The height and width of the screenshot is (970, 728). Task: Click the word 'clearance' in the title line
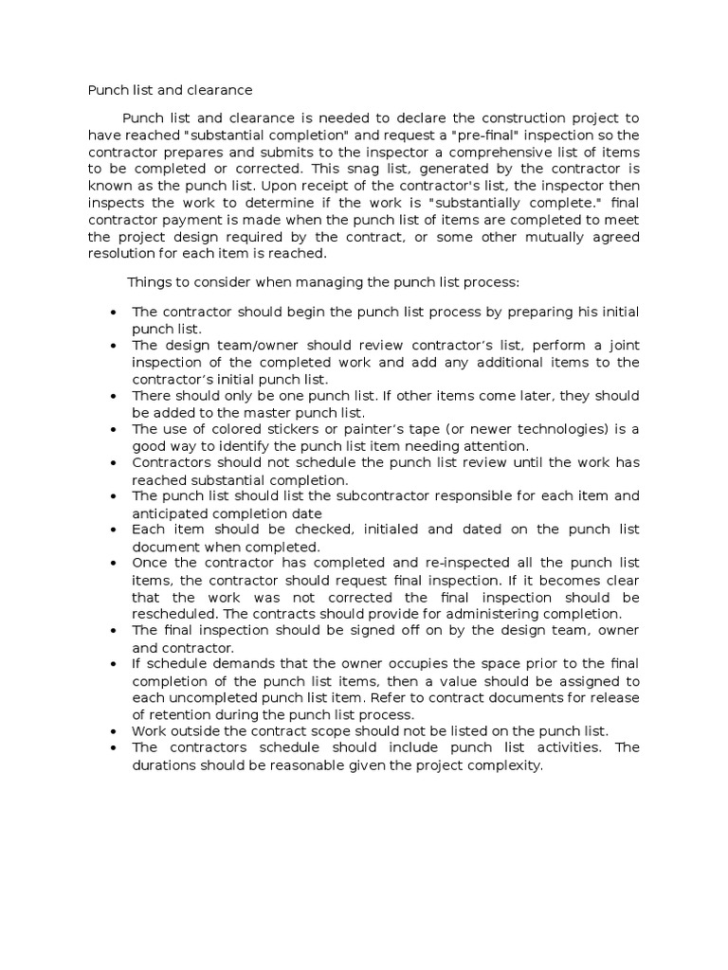click(221, 91)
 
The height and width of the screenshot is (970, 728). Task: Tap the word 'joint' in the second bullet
click(623, 346)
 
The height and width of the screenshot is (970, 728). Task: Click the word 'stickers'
click(320, 429)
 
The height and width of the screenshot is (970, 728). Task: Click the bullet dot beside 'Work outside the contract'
click(113, 731)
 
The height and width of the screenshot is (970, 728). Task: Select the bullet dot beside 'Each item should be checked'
click(113, 530)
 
